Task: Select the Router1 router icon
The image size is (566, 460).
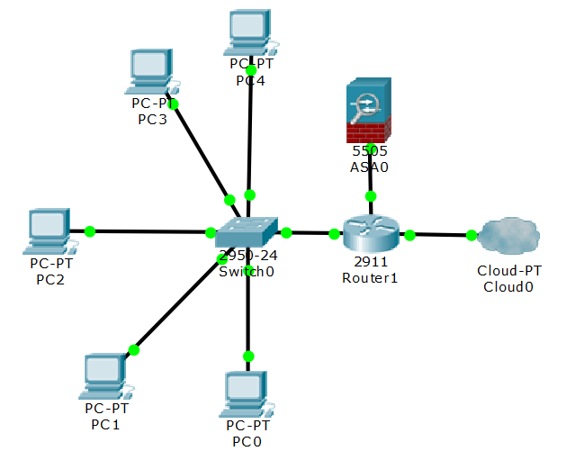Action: (x=370, y=234)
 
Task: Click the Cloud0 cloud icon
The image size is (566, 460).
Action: (x=508, y=237)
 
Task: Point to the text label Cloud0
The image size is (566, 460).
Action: (x=508, y=287)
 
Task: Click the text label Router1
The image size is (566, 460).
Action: (x=370, y=277)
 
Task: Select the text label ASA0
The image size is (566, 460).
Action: (x=370, y=167)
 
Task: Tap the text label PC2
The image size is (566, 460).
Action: (x=50, y=279)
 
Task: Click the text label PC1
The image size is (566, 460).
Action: (x=106, y=424)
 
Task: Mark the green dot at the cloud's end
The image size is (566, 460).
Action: (x=472, y=236)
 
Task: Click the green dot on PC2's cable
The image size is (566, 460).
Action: (x=90, y=231)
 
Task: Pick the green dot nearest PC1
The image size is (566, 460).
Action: (x=134, y=350)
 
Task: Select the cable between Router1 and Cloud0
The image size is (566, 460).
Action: (x=441, y=235)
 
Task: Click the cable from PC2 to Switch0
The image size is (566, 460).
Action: (x=153, y=231)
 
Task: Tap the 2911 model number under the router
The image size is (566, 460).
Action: (x=370, y=262)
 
